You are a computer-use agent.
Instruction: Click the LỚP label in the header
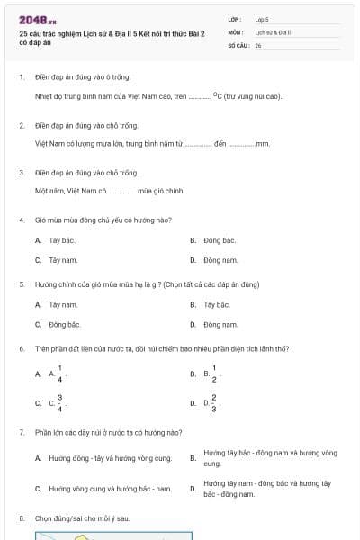tap(234, 18)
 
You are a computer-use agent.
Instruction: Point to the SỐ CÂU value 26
tap(258, 45)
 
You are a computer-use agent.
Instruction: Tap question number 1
tap(21, 77)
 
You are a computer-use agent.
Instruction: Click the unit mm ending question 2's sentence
tap(263, 143)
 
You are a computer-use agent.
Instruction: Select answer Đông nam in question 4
tap(220, 260)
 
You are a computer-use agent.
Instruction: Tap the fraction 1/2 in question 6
tap(214, 373)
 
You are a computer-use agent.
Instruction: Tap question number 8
tap(21, 518)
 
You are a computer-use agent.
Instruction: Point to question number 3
tap(21, 172)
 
